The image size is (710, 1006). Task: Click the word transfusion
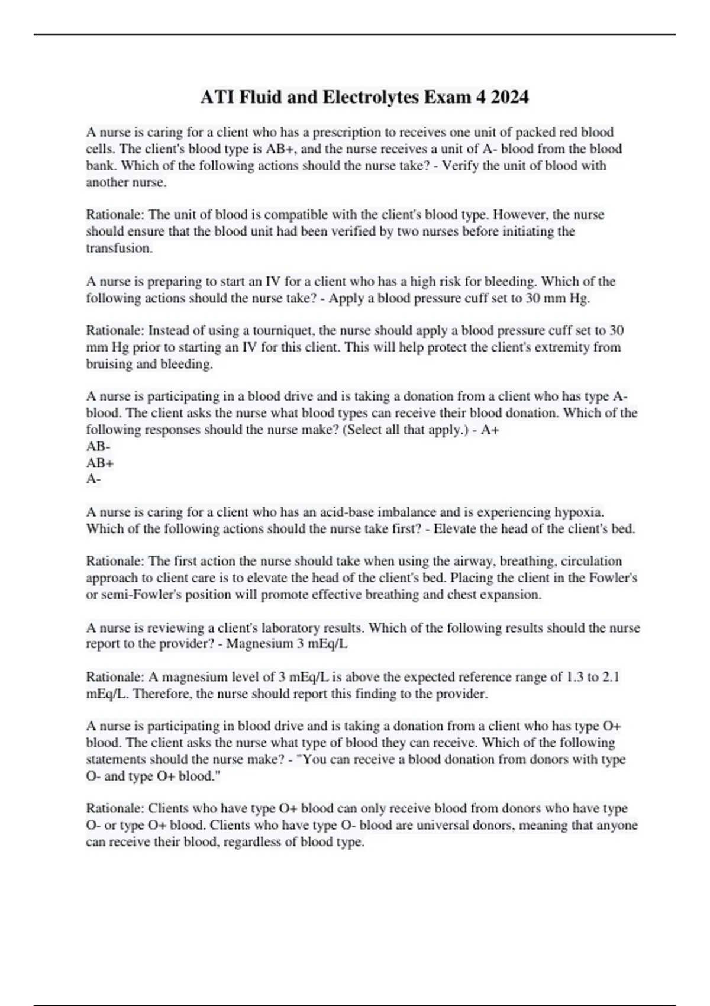click(x=118, y=248)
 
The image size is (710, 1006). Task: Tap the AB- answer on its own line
click(x=98, y=446)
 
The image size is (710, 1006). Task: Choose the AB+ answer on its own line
click(x=99, y=463)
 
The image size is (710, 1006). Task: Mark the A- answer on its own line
click(x=93, y=479)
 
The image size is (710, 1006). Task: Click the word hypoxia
click(x=579, y=512)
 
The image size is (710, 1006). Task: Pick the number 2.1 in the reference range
click(x=611, y=677)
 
